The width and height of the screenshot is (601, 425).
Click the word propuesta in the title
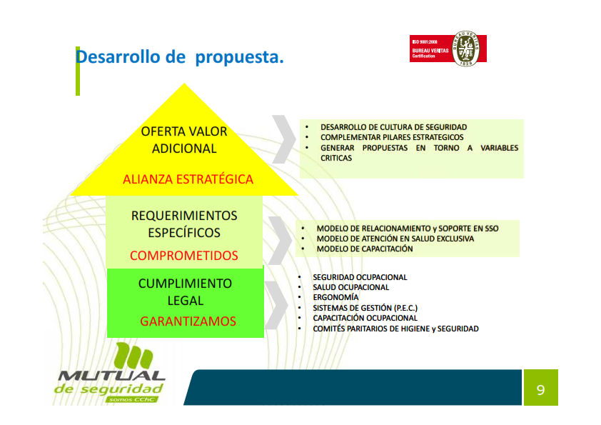(x=239, y=58)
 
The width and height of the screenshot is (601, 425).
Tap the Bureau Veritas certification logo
(x=448, y=49)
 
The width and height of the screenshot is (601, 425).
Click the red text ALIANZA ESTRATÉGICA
(x=188, y=179)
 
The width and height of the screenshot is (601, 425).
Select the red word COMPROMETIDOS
(x=184, y=256)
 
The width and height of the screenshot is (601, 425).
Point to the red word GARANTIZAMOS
(x=188, y=321)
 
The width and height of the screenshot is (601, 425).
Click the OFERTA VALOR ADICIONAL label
(x=184, y=140)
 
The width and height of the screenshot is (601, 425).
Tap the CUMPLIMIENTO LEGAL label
(x=185, y=292)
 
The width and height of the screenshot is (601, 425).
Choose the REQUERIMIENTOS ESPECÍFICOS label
(x=184, y=224)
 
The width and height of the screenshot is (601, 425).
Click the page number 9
(x=540, y=390)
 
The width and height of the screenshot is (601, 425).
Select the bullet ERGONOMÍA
(x=335, y=297)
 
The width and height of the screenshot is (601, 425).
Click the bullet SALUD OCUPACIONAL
(x=350, y=287)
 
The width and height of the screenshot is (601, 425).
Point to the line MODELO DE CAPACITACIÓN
(x=365, y=249)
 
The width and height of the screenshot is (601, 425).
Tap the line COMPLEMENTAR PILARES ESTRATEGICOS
(x=392, y=137)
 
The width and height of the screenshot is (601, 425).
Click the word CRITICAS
(x=336, y=158)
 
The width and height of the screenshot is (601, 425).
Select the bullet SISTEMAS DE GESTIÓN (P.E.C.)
(x=365, y=308)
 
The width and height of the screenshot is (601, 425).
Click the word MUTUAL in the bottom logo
(x=111, y=376)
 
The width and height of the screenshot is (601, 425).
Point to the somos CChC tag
(x=132, y=399)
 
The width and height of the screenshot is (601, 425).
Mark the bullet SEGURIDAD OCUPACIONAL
(x=360, y=277)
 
